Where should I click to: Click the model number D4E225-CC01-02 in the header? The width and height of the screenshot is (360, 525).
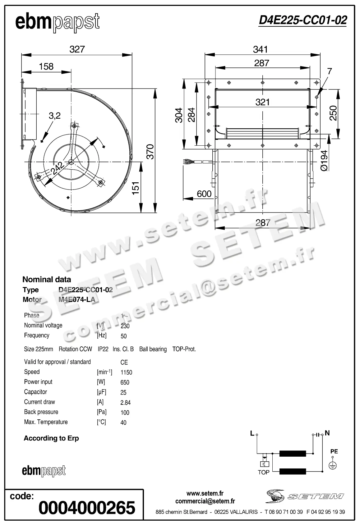pos(302,20)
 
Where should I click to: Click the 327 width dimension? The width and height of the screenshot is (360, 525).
pos(77,49)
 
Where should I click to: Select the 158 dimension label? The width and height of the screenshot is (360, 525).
pos(46,66)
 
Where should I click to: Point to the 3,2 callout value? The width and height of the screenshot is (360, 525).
pos(55,116)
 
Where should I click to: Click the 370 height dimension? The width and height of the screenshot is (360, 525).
pos(150,152)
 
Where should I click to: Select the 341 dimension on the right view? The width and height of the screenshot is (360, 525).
pos(261,49)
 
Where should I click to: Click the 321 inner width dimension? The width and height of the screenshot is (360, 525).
pos(263,102)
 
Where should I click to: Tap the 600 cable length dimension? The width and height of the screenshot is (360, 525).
pos(204,194)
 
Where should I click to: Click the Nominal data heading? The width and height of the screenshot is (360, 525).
pos(47,279)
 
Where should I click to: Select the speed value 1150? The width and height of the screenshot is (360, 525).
pos(126,372)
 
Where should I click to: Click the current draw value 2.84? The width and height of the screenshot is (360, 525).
pos(126,403)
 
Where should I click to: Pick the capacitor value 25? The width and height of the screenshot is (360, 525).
pos(123,393)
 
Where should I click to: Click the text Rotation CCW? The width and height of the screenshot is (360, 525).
pos(75,349)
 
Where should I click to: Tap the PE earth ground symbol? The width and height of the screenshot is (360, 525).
pos(333,465)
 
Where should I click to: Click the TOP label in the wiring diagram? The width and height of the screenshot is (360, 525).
pos(263,472)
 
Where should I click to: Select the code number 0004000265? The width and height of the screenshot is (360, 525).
pos(87,507)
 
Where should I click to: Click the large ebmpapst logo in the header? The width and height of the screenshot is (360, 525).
pos(57,22)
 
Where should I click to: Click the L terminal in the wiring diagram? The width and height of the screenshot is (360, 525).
pos(253,433)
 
